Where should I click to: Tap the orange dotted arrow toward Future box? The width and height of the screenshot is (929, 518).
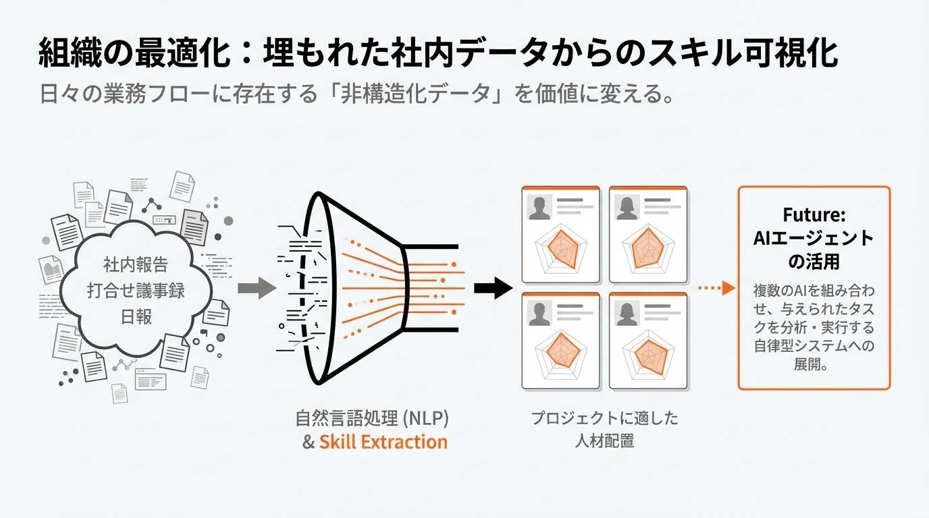pyautogui.click(x=715, y=288)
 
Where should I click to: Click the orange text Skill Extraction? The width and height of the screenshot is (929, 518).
pyautogui.click(x=383, y=442)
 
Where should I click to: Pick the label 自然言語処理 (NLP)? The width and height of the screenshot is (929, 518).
pyautogui.click(x=371, y=418)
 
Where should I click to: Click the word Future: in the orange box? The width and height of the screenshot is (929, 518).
pyautogui.click(x=814, y=216)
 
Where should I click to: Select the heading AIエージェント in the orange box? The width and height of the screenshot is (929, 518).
pyautogui.click(x=814, y=238)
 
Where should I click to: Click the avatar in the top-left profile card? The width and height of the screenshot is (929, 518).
pyautogui.click(x=540, y=207)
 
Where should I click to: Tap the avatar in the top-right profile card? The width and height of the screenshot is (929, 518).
pyautogui.click(x=627, y=207)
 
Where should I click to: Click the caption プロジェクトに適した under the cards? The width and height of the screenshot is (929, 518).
pyautogui.click(x=604, y=418)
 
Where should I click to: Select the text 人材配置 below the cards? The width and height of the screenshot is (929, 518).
pyautogui.click(x=604, y=442)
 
